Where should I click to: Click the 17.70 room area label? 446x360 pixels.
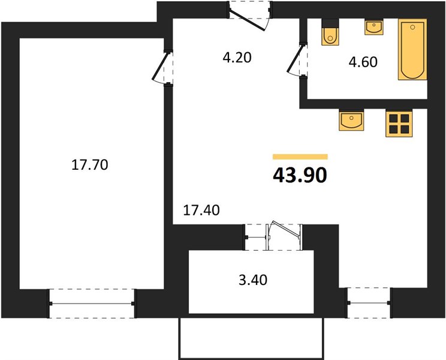pos(89,165)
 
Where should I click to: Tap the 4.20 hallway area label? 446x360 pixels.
pos(237,58)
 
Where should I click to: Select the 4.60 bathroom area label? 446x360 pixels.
pos(363,62)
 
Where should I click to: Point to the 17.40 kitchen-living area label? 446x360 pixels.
pos(201,211)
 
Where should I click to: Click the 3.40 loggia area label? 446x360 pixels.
pos(253,280)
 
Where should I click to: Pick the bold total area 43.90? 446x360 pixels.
pos(300,175)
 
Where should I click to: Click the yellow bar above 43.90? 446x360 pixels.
pos(300,157)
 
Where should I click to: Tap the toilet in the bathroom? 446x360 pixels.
pos(330,32)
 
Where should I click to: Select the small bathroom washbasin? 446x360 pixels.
pos(374,27)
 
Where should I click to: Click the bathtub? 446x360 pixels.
pos(412,50)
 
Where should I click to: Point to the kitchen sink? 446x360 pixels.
pos(351,120)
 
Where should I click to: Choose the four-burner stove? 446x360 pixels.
pos(399,123)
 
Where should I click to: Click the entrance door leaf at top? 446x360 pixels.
pos(247,20)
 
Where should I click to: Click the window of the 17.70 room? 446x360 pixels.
pos(92,304)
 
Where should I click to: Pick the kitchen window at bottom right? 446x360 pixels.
pos(369,302)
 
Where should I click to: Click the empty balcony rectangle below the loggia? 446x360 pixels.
pos(251,338)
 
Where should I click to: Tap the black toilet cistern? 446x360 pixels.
pos(330,23)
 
